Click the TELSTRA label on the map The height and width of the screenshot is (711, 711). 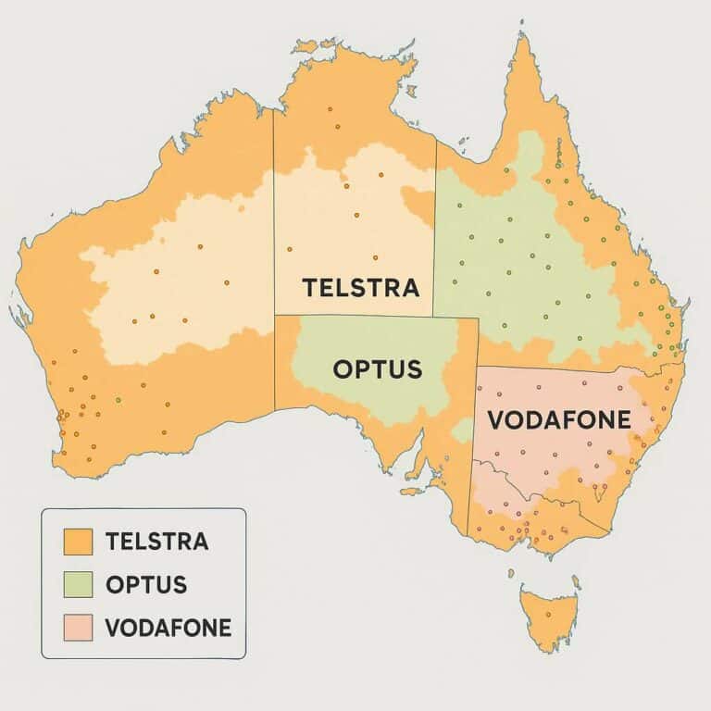point(360,287)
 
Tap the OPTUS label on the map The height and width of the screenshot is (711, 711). point(377,370)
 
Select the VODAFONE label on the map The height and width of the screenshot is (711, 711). point(558,419)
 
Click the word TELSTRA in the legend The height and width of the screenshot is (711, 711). point(156,542)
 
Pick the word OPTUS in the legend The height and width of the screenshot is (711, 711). point(146,584)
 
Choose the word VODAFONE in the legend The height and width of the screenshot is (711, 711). point(168,627)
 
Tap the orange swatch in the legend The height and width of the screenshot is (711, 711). point(78,542)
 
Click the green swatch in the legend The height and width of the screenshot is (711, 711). point(78,584)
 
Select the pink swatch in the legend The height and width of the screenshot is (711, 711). point(78,627)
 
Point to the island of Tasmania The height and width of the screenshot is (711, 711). point(548,615)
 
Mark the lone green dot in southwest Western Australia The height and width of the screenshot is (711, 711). point(118,400)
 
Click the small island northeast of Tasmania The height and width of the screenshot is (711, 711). point(576,582)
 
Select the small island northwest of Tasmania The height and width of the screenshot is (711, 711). point(524,586)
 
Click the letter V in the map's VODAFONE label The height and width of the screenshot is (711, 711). point(493,419)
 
